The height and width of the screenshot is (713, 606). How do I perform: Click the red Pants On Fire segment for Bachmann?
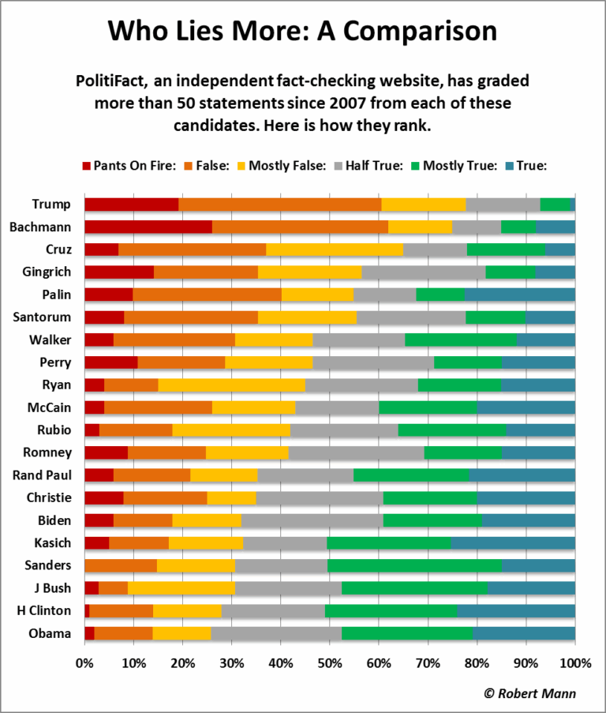coord(148,227)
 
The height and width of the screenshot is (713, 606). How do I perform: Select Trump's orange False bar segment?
coord(280,205)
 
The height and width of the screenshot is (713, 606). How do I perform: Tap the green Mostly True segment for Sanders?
coord(414,565)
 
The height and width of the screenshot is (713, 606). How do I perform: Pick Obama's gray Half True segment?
coord(276,633)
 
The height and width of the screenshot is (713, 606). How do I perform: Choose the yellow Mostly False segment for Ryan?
coord(231,385)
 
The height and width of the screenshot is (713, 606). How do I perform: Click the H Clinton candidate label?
coord(47,611)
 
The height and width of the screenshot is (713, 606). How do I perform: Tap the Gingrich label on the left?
coord(49,272)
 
